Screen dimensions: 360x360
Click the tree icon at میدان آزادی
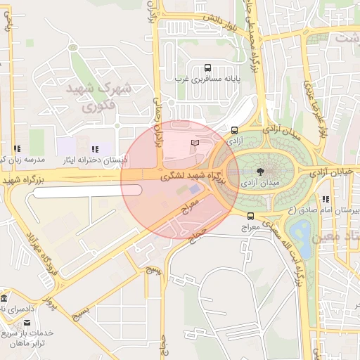pyautogui.click(x=260, y=171)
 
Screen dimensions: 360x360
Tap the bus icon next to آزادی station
pyautogui.click(x=234, y=130)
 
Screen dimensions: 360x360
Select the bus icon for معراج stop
pyautogui.click(x=251, y=216)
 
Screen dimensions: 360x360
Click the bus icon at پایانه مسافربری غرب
pyautogui.click(x=207, y=68)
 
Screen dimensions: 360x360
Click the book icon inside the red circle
pyautogui.click(x=195, y=143)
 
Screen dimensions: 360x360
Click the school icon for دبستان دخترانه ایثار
pyautogui.click(x=94, y=149)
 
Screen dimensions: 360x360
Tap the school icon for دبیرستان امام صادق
pyautogui.click(x=326, y=200)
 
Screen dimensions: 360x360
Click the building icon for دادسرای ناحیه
pyautogui.click(x=4, y=297)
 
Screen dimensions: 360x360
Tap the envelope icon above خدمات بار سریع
pyautogui.click(x=28, y=322)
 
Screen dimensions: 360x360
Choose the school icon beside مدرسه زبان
pyautogui.click(x=15, y=149)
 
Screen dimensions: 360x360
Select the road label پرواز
pyautogui.click(x=51, y=303)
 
